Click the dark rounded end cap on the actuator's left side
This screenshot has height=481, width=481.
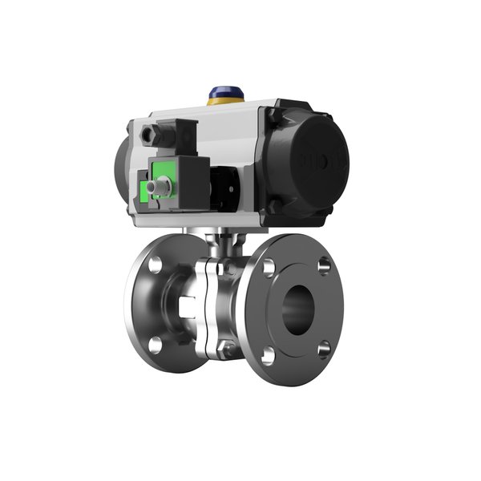[122, 172]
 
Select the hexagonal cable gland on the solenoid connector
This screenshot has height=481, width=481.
[150, 135]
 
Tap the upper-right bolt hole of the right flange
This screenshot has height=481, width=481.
[324, 265]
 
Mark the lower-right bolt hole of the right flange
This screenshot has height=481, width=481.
[323, 349]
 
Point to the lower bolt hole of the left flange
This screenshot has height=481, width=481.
[156, 345]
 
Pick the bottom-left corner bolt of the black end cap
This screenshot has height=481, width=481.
[276, 207]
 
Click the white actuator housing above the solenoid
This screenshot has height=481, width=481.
[232, 128]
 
